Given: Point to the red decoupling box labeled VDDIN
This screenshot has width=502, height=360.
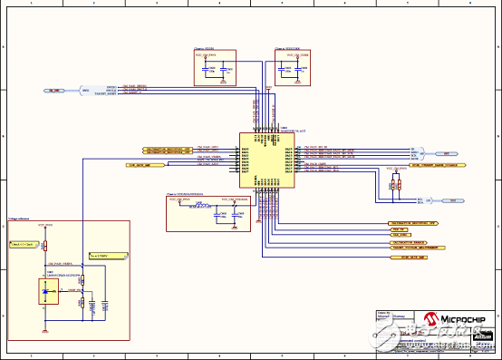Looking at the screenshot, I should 215,67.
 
